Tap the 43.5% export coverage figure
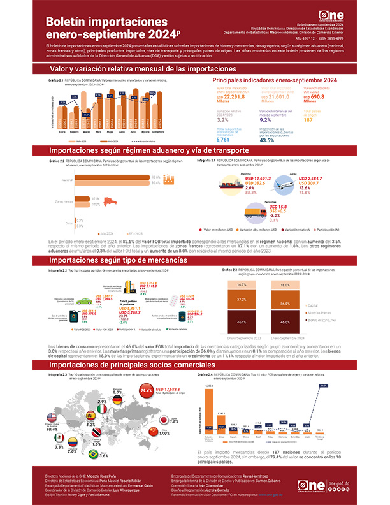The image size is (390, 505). point(268,140)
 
